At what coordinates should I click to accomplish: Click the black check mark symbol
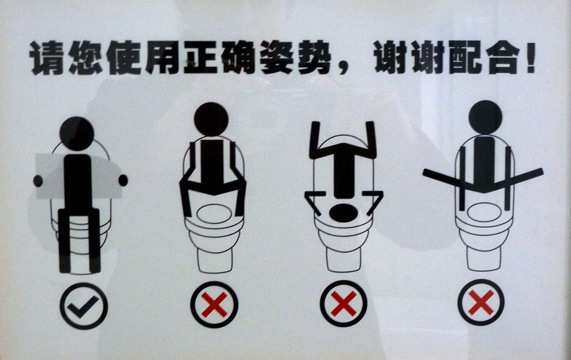tap(83, 307)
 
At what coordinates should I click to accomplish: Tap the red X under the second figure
tap(214, 304)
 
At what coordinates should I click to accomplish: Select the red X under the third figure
tap(344, 304)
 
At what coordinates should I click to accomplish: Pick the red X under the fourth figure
tap(481, 302)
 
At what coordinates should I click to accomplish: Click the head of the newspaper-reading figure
tap(77, 134)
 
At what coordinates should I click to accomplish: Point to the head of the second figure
tap(211, 119)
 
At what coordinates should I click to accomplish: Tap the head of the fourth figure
tap(485, 117)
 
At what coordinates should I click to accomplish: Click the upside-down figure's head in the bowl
tap(343, 214)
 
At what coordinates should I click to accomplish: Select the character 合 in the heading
tap(503, 58)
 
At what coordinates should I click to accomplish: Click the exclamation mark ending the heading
tap(530, 58)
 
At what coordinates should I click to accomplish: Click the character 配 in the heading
tap(466, 58)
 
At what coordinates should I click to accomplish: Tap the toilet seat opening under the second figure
tap(214, 214)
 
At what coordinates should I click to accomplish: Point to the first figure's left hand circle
tap(38, 181)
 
